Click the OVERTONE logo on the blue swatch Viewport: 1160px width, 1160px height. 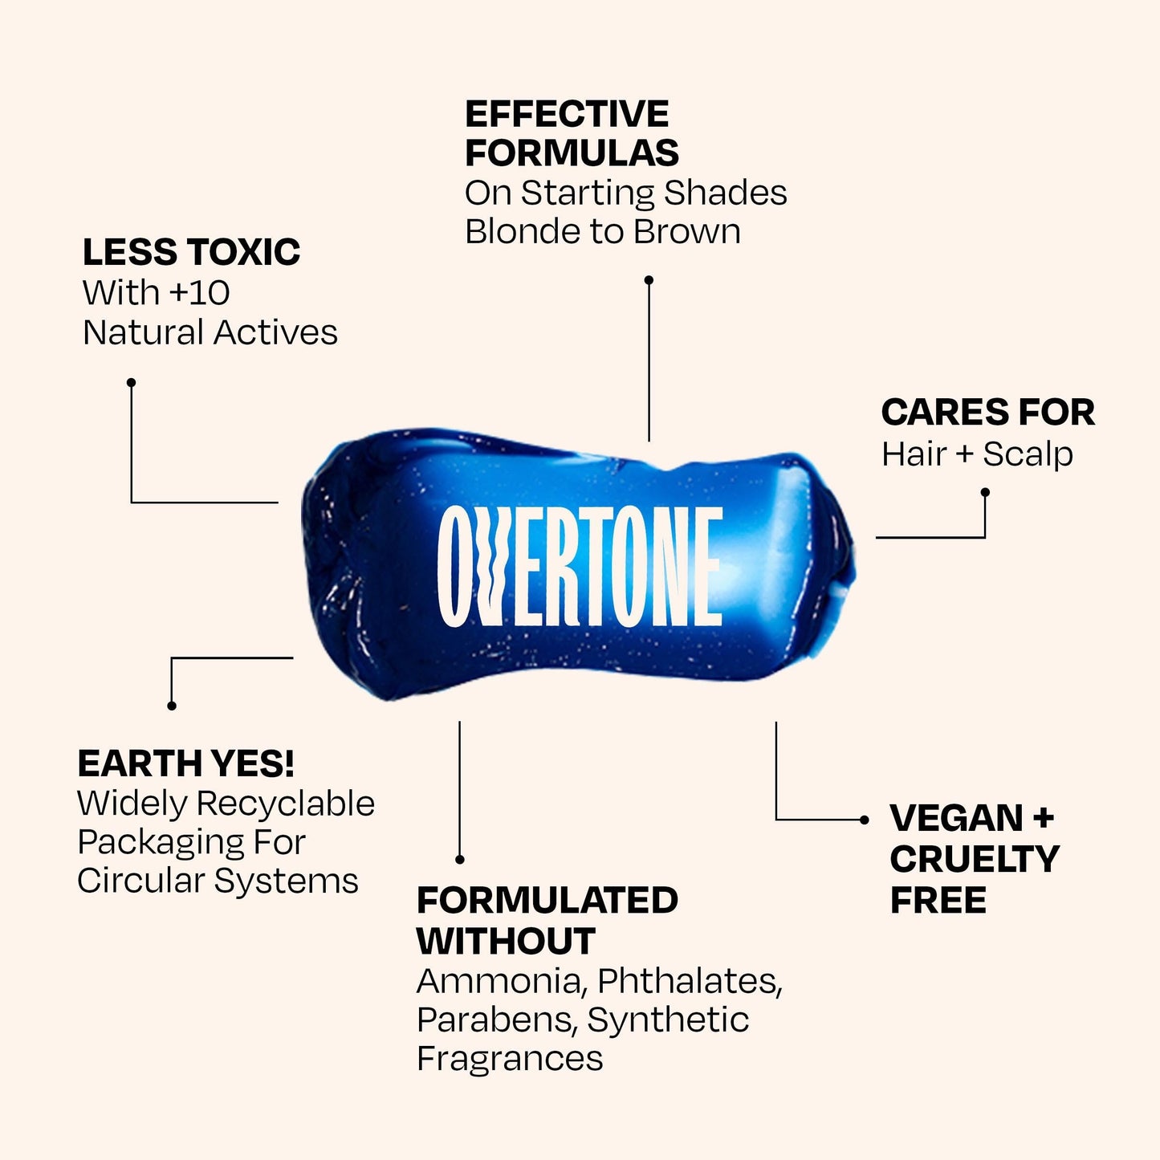579,567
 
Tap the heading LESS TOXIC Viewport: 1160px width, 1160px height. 191,251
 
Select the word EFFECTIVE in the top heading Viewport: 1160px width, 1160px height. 567,114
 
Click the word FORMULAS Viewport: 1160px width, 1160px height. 572,153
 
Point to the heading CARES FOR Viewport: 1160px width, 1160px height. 988,413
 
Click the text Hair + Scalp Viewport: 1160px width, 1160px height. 977,454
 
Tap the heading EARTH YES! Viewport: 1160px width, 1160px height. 186,763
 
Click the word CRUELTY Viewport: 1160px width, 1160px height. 975,858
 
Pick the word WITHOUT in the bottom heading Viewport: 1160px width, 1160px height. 506,941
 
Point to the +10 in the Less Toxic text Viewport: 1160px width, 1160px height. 199,293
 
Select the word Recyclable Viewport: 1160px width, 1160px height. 285,804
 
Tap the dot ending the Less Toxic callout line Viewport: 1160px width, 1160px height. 131,382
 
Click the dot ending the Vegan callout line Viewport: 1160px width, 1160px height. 865,820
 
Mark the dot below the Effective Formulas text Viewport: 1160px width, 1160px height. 649,280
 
